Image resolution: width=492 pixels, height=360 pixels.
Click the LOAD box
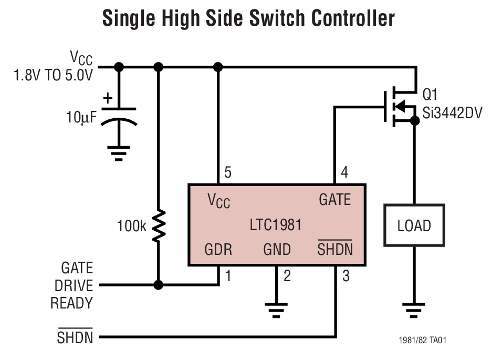[x=414, y=226]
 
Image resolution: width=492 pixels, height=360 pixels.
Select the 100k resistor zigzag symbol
[x=159, y=226]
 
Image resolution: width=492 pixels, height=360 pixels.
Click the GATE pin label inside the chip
[x=334, y=200]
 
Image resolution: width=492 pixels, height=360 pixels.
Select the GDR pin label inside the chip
[x=218, y=249]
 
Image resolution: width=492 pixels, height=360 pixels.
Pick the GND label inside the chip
[x=277, y=249]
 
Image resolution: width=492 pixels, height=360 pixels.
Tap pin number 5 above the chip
[x=227, y=173]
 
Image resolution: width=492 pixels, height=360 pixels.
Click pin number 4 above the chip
[x=344, y=173]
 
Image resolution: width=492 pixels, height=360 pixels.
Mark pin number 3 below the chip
[x=346, y=275]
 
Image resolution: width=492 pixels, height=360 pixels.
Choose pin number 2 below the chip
[x=287, y=275]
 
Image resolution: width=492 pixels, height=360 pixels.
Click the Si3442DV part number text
[x=452, y=111]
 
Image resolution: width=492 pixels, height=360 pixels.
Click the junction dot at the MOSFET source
[x=414, y=121]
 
